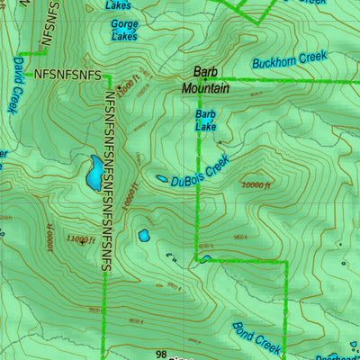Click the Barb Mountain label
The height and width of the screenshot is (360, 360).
205,80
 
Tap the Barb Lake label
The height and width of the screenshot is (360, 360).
205,121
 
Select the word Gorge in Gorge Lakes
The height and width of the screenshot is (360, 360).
124,24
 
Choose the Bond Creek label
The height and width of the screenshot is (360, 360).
257,337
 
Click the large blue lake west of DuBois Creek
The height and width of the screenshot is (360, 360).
93,173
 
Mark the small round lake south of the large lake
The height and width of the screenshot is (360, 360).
143,236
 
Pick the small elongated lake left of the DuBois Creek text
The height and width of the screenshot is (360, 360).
161,179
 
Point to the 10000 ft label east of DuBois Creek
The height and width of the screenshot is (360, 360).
256,185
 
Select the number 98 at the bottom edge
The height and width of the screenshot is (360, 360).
161,355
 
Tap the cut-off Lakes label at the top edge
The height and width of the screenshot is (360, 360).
118,4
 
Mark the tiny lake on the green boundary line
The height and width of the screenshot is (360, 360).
207,259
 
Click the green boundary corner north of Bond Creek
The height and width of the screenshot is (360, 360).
285,262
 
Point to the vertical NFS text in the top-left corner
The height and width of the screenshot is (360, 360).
49,22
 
